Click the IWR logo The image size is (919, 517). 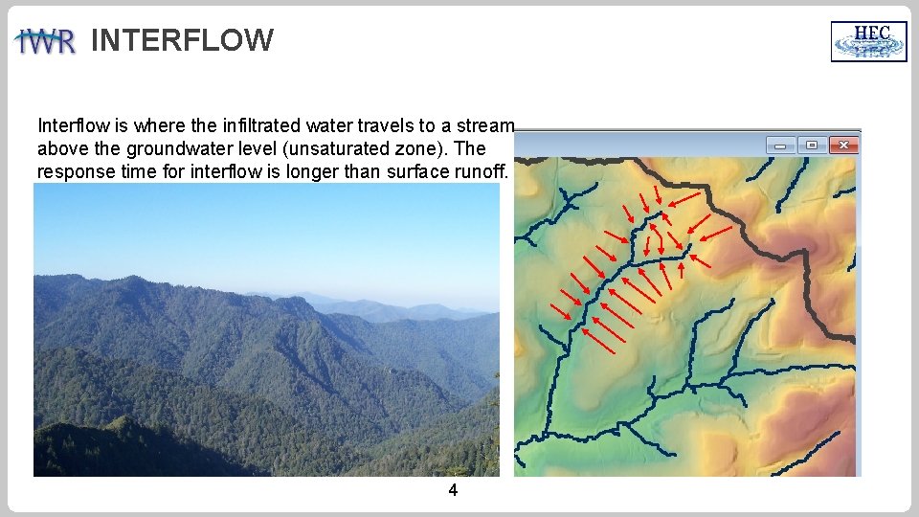coord(45,42)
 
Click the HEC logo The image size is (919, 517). coord(868,41)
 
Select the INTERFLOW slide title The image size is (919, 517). coord(182,40)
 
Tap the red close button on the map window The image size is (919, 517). coord(844,145)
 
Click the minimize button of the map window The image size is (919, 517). coord(781,145)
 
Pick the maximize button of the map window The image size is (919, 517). coord(813,145)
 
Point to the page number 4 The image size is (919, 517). coord(453,490)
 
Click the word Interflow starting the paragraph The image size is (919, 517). coord(70,125)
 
